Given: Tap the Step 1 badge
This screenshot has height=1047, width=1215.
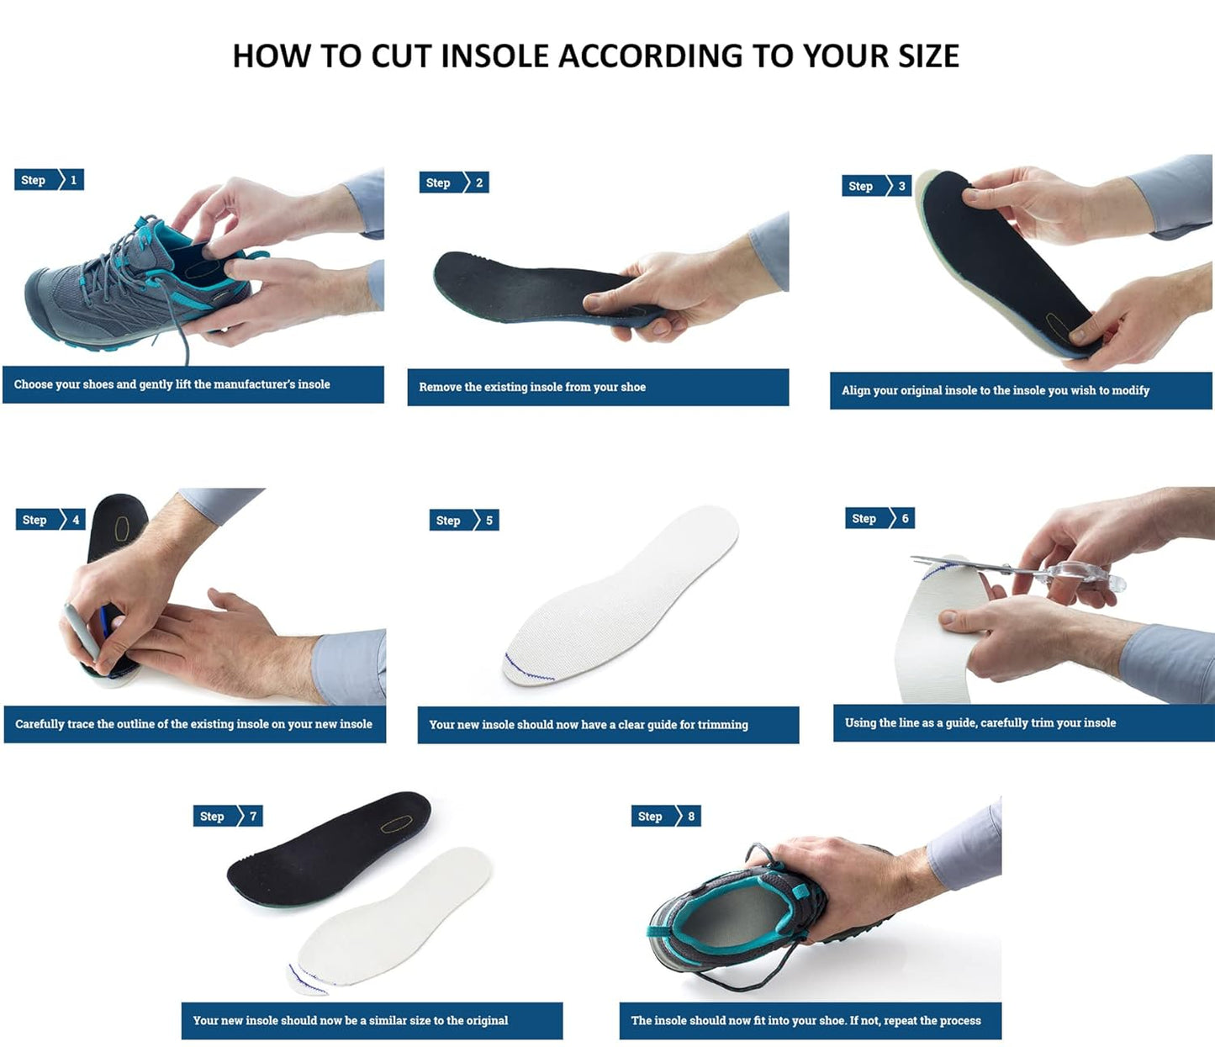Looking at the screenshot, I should (x=49, y=180).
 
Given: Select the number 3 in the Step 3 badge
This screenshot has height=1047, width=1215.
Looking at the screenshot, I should (x=901, y=186).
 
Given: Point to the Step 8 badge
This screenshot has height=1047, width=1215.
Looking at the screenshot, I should (x=665, y=816).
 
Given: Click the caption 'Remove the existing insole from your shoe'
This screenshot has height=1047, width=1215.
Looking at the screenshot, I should (x=532, y=387).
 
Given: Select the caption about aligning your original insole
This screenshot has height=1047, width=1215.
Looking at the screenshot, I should (x=995, y=390).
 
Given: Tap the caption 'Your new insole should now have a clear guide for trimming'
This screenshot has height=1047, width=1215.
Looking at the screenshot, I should (x=588, y=724).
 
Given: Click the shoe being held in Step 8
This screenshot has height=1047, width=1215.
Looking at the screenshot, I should (x=732, y=917).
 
